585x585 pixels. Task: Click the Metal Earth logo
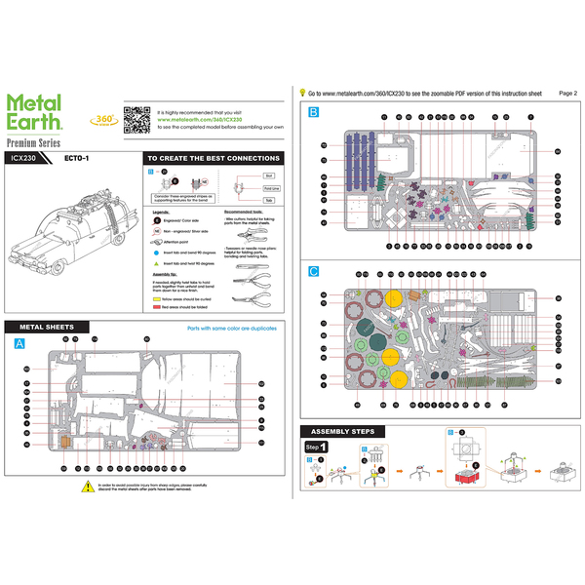click(x=35, y=110)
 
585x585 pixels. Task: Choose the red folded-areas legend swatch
click(x=156, y=305)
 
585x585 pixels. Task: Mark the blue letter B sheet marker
click(x=313, y=112)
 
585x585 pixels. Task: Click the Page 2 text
click(x=568, y=93)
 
